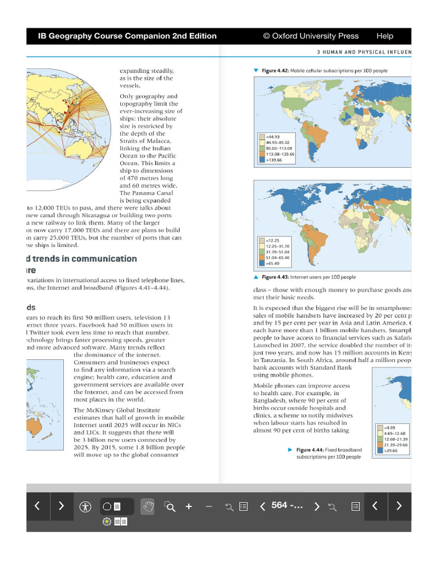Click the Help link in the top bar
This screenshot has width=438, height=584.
coord(384,36)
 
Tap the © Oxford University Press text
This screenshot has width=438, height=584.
coord(311,36)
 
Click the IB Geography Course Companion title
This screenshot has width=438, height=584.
coord(127,36)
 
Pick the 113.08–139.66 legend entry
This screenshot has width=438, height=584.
coord(277,154)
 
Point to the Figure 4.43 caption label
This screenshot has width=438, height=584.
coord(277,277)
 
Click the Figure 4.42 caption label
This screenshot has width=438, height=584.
coord(275,71)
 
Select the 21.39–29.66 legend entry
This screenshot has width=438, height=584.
coord(392,445)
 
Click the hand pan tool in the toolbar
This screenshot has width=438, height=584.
coord(148,506)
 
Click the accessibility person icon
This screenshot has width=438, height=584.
coord(86,506)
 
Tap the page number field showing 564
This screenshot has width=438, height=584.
coord(287,506)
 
